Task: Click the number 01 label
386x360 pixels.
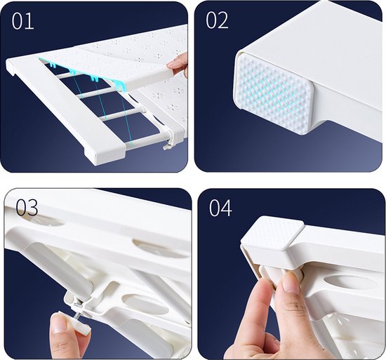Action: (22, 21)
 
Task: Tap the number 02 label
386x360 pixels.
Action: (217, 20)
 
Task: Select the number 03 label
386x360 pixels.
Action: (27, 208)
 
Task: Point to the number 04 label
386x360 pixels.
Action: (220, 208)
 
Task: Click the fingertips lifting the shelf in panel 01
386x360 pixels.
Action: (178, 64)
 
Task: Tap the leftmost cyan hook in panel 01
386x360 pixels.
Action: (51, 65)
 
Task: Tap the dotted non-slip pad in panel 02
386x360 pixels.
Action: (274, 94)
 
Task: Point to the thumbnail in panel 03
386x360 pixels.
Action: (58, 322)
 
